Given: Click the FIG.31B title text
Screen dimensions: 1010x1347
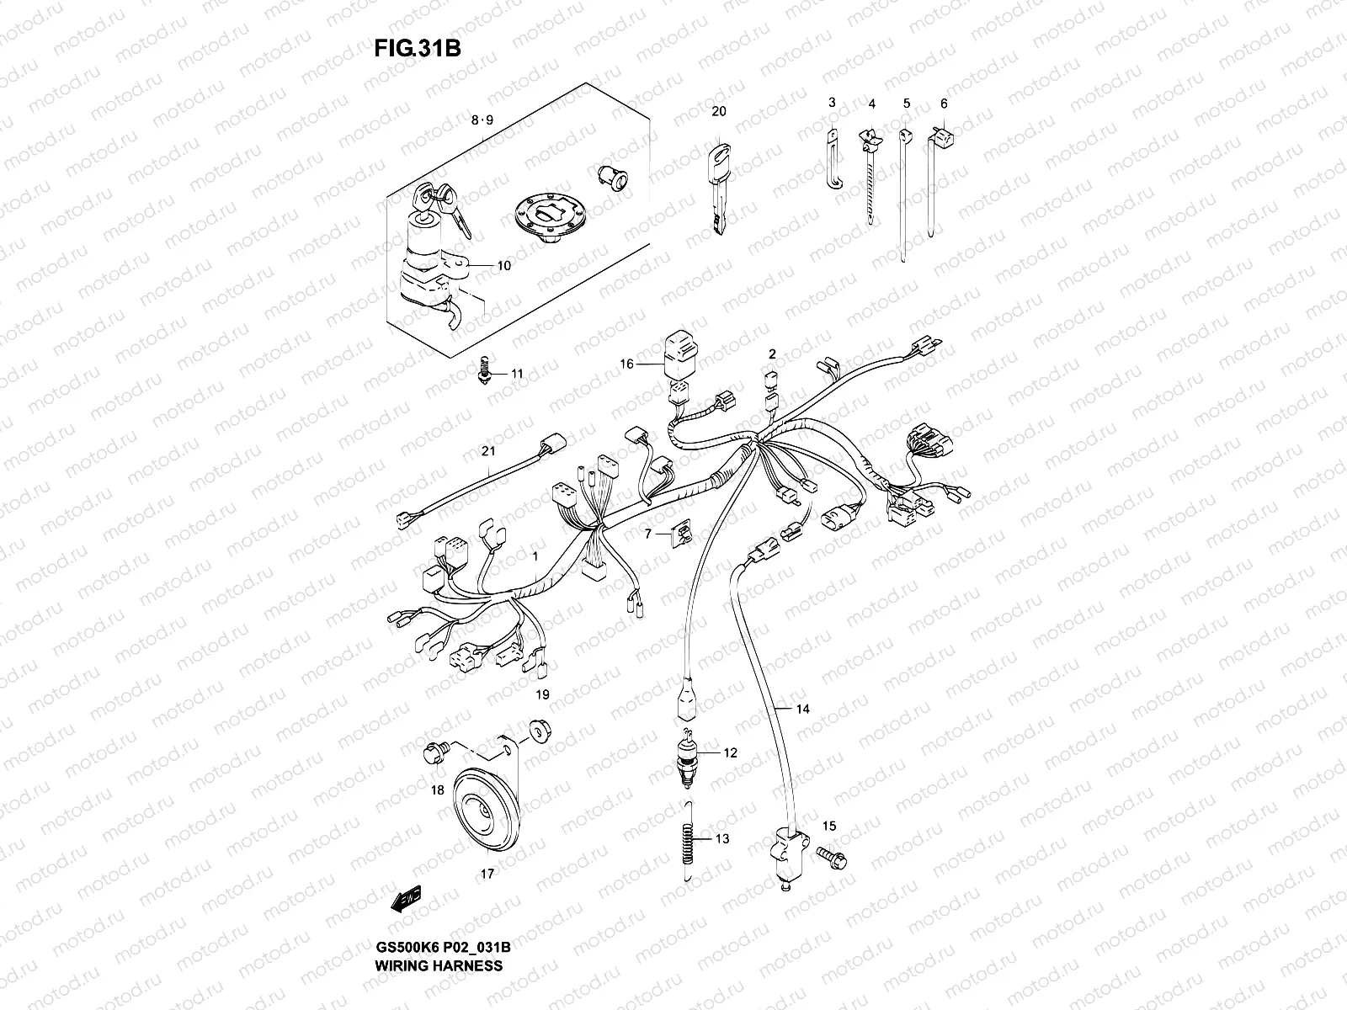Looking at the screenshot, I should (x=417, y=48).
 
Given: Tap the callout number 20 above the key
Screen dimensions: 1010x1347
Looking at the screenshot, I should (x=717, y=111).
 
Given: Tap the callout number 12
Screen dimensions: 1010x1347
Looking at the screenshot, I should (x=730, y=752).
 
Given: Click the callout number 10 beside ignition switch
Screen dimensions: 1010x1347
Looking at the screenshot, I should (x=503, y=266).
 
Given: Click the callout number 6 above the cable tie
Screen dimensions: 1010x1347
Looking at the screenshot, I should (x=944, y=104).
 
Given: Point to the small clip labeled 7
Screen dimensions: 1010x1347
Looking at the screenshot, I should (x=682, y=532).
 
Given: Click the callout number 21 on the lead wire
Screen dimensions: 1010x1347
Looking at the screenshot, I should (x=488, y=452).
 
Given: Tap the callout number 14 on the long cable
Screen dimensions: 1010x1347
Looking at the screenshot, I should (x=802, y=709).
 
